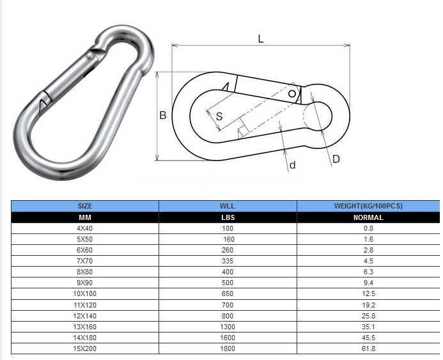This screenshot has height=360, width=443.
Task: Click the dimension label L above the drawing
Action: [260, 38]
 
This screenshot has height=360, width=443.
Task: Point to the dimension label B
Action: [163, 116]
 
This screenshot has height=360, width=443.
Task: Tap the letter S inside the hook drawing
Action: [219, 116]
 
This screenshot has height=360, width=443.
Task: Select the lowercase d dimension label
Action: [292, 166]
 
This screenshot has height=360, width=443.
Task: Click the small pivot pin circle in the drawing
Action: [292, 94]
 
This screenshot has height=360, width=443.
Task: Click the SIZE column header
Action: [84, 206]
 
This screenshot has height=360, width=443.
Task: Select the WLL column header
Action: [228, 206]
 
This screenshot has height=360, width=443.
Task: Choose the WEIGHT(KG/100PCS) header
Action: [368, 206]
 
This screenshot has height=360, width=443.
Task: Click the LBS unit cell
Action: [228, 217]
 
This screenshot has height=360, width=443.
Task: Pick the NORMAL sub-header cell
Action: [368, 217]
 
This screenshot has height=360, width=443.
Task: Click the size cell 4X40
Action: [84, 228]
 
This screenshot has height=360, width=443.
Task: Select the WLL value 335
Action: [228, 261]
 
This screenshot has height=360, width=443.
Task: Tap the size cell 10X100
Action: [84, 293]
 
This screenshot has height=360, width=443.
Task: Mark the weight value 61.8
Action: [368, 348]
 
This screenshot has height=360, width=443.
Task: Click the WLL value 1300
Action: [228, 327]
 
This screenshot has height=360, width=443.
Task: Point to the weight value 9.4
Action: [368, 283]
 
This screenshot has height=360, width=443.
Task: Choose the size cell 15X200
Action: [84, 348]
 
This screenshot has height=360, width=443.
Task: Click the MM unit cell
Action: [84, 217]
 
